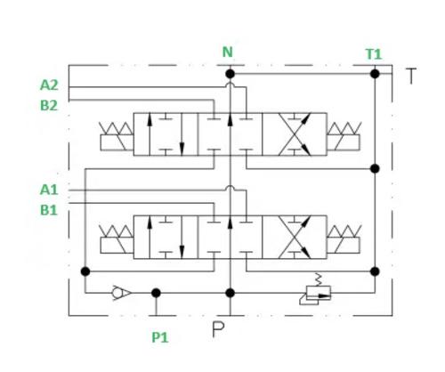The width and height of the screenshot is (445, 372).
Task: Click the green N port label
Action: [228, 53]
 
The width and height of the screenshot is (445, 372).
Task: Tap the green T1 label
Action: [374, 54]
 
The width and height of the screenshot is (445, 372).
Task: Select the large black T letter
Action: [411, 76]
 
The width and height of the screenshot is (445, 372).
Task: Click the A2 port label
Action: [49, 85]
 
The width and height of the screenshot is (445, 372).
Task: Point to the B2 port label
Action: [49, 105]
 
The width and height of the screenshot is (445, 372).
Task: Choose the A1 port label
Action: [49, 190]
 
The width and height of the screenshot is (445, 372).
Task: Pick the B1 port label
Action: [49, 210]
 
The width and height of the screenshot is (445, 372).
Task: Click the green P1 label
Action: [160, 337]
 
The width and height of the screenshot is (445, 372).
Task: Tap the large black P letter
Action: [218, 329]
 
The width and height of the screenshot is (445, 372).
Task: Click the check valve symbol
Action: [121, 293]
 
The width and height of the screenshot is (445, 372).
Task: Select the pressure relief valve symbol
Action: [315, 293]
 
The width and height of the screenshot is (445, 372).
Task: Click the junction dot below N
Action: [230, 74]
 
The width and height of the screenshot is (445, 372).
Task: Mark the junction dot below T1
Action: [375, 74]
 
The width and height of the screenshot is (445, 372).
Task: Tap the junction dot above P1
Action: [156, 293]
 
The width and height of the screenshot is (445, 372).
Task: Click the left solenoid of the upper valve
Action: [117, 136]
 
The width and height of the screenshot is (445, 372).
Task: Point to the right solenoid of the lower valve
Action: [344, 239]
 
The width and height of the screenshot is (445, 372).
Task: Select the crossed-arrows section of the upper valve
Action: [295, 134]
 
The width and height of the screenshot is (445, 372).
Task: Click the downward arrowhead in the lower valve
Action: [182, 252]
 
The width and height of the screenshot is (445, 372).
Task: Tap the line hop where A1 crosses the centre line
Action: [230, 188]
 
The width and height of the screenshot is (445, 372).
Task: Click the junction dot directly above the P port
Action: [230, 293]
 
